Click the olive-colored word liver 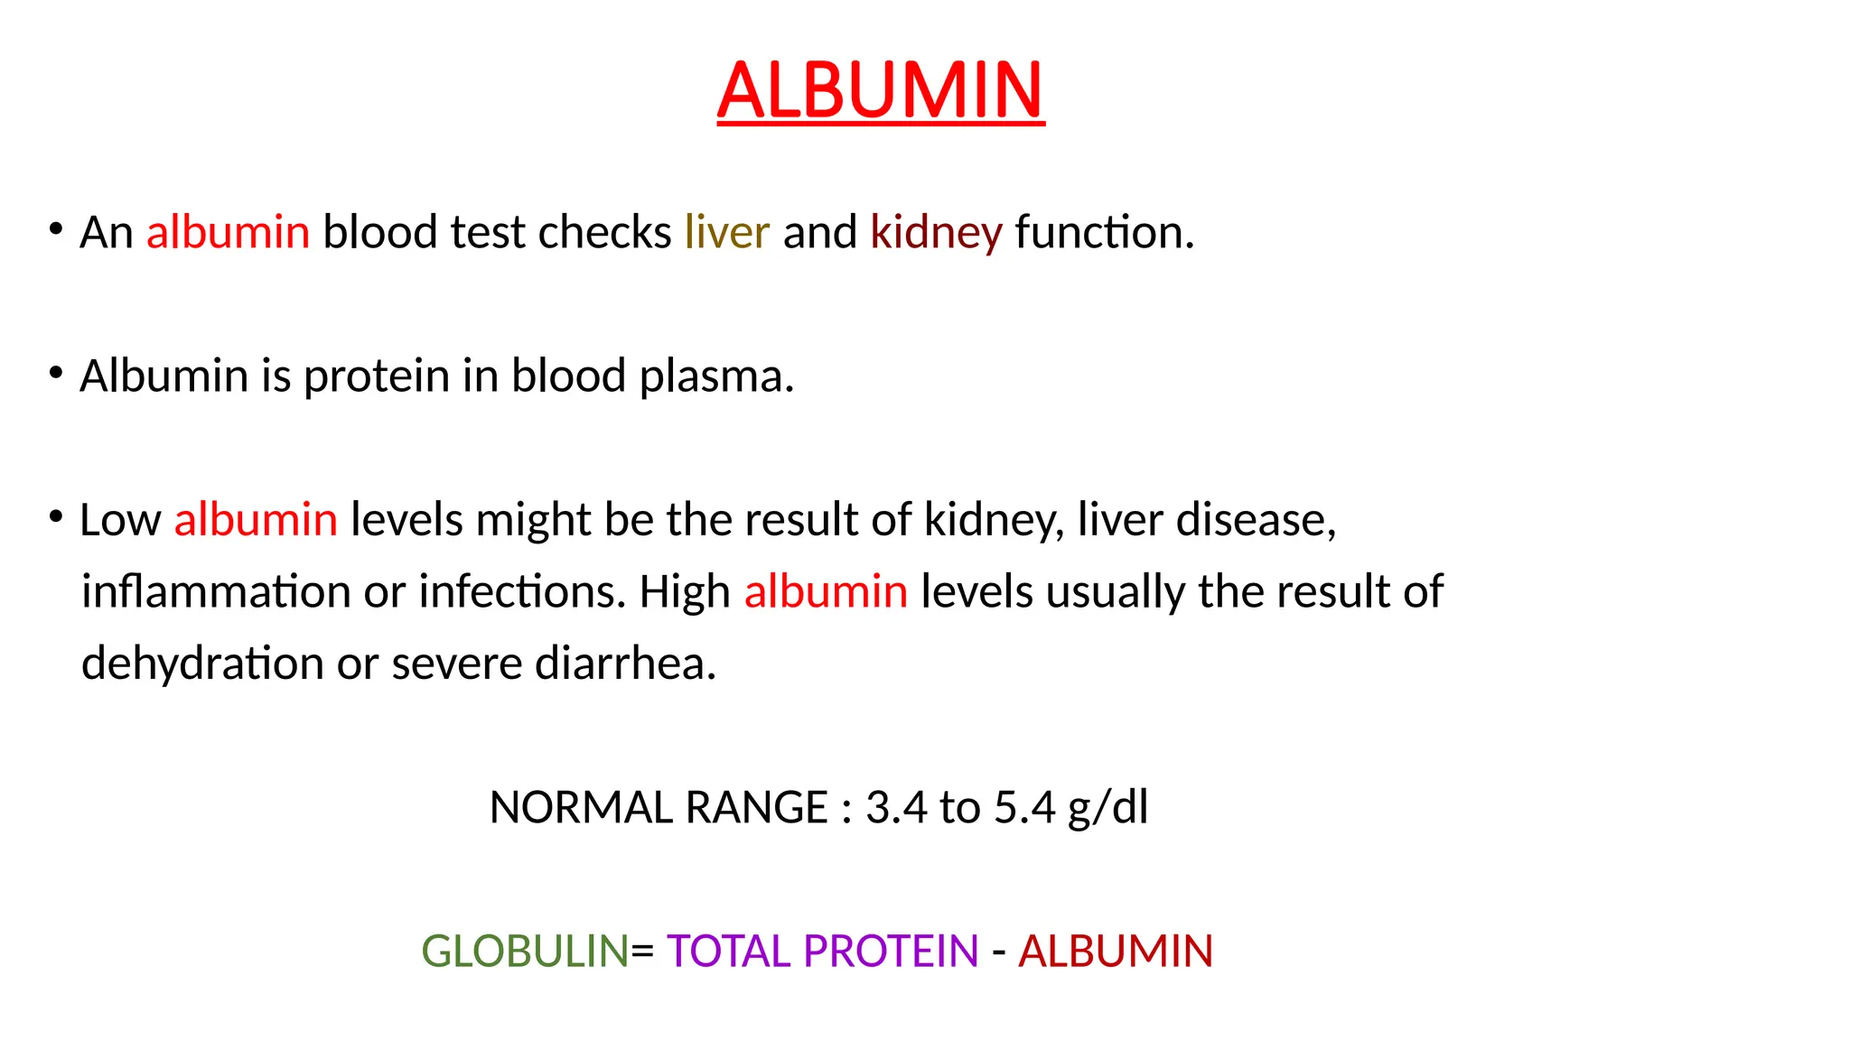pyautogui.click(x=727, y=232)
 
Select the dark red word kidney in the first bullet pyautogui.click(x=936, y=233)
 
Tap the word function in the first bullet pyautogui.click(x=1104, y=232)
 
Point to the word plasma pyautogui.click(x=715, y=376)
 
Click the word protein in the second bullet pyautogui.click(x=376, y=376)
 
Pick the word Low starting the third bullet pyautogui.click(x=120, y=520)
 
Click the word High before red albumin pyautogui.click(x=685, y=592)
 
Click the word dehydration pyautogui.click(x=202, y=664)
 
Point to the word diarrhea pyautogui.click(x=625, y=664)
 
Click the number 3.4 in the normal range pyautogui.click(x=896, y=807)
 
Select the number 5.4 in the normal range pyautogui.click(x=1024, y=807)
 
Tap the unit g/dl pyautogui.click(x=1107, y=808)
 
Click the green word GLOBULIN pyautogui.click(x=525, y=952)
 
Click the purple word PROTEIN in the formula pyautogui.click(x=891, y=952)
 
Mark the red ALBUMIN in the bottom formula pyautogui.click(x=1116, y=952)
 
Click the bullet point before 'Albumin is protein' pyautogui.click(x=56, y=372)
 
